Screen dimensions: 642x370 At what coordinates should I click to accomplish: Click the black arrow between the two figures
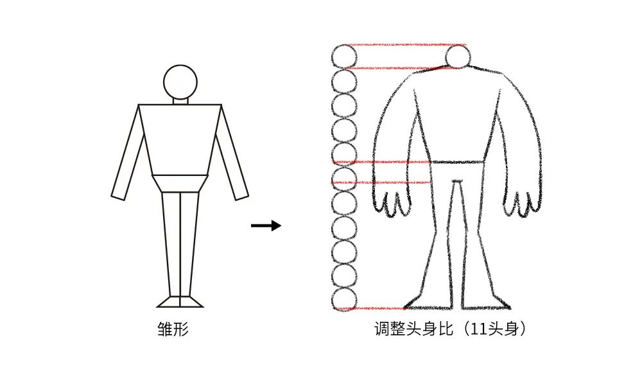pos(266,225)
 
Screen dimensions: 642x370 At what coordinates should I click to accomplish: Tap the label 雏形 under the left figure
pos(173,329)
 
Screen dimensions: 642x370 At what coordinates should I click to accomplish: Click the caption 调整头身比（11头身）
pos(449,329)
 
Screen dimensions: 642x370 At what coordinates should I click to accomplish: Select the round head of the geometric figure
pos(180,82)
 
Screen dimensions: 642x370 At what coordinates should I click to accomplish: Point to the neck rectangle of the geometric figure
pos(180,101)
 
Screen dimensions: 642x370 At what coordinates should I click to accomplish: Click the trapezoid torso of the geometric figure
pos(180,140)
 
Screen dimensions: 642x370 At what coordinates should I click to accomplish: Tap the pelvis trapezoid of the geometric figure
pos(180,183)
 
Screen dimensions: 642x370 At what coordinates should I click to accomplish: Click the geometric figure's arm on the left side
pos(128,152)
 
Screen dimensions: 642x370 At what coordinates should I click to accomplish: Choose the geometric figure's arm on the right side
pos(232,152)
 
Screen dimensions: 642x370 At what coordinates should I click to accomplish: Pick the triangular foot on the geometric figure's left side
pos(168,301)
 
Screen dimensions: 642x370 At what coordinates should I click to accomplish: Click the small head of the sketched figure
pos(458,57)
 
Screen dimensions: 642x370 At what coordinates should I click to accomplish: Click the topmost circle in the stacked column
pos(343,57)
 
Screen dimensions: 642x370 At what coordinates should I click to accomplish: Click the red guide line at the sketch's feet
pos(372,308)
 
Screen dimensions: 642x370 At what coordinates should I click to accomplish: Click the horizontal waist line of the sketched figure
pos(458,163)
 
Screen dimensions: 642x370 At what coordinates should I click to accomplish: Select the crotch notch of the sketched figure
pos(458,181)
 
